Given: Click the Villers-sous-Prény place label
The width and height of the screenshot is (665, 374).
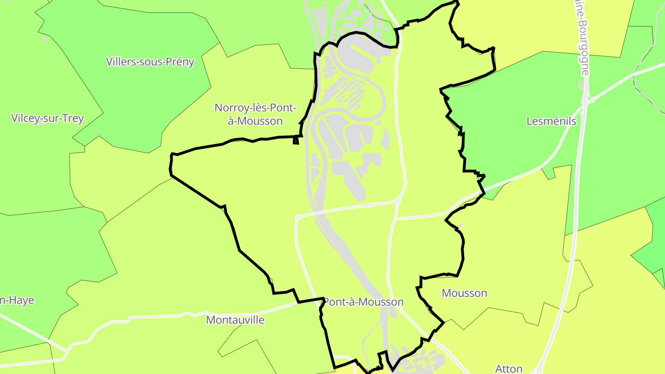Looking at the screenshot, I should [150, 62].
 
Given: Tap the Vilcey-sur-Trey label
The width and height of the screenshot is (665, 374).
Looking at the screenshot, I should [47, 118].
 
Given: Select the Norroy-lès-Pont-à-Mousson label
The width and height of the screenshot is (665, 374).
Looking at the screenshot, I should [255, 114].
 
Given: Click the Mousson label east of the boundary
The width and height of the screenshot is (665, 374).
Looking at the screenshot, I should [464, 293].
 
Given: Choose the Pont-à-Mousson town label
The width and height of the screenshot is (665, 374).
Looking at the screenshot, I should [363, 302].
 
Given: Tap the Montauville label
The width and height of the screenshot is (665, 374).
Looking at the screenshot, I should [235, 320].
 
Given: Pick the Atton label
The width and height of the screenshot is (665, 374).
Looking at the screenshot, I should [508, 368].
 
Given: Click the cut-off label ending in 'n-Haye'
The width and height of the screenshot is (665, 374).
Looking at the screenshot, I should [17, 300].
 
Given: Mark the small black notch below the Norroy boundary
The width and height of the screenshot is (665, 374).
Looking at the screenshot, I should [296, 141].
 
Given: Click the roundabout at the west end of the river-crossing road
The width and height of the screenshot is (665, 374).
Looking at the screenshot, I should [298, 216].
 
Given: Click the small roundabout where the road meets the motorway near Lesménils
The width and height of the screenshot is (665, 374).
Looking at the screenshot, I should [592, 99].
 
